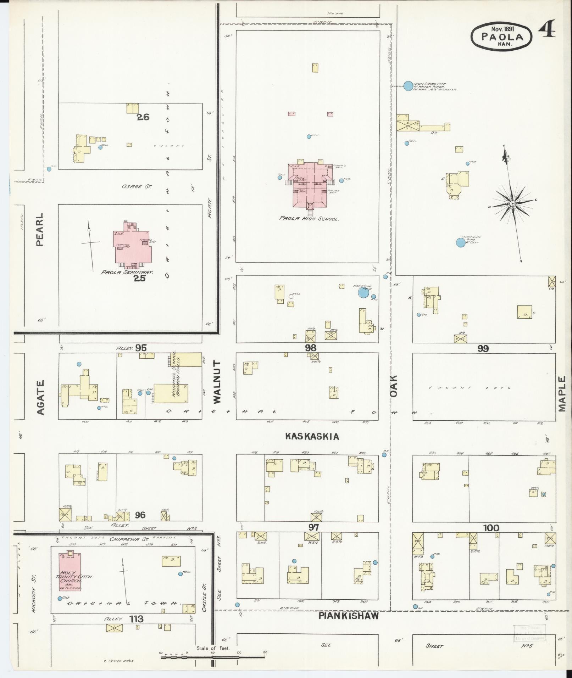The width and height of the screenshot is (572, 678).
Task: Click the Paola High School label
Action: [309, 219]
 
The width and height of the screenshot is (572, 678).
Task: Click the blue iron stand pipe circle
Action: [408, 85]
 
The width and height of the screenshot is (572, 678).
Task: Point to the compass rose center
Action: [512, 203]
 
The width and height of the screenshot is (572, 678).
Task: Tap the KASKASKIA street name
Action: [312, 436]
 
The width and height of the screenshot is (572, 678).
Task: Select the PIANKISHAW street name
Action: [349, 616]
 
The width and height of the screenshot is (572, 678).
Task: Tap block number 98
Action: [311, 348]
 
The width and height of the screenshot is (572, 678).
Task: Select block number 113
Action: [136, 619]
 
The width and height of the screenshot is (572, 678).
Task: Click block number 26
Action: [144, 117]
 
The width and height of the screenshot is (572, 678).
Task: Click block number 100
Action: [491, 528]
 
